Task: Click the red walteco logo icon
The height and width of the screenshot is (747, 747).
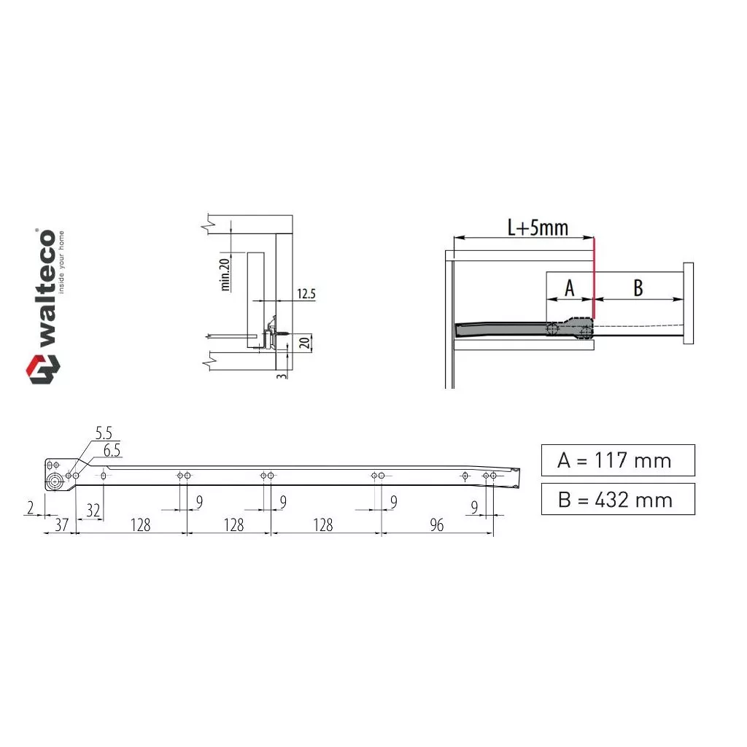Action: click(x=43, y=368)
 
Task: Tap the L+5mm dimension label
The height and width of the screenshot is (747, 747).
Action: click(x=538, y=228)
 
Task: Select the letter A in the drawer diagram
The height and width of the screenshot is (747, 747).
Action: click(x=569, y=287)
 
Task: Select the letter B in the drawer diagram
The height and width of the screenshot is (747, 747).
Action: click(x=638, y=287)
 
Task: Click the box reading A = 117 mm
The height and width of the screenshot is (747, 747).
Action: click(x=618, y=460)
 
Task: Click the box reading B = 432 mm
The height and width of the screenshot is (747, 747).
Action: click(x=618, y=499)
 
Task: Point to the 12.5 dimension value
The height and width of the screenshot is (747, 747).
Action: click(x=306, y=293)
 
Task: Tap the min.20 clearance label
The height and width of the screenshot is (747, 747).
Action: click(x=225, y=274)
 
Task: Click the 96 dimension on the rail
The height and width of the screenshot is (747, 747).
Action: click(x=436, y=525)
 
